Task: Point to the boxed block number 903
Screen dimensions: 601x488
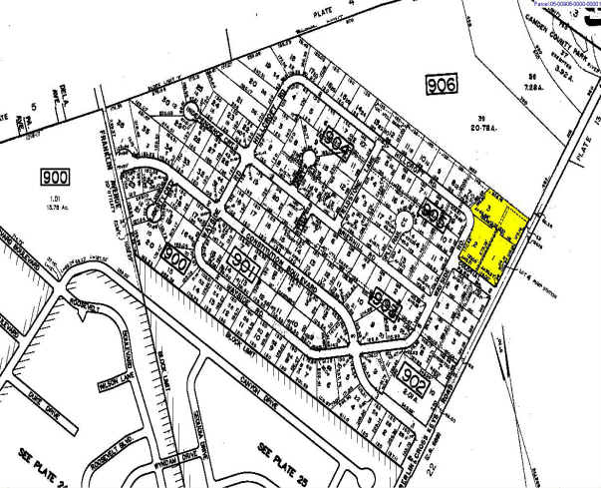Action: coord(384,299)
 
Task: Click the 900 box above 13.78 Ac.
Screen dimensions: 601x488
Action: coord(57,178)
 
